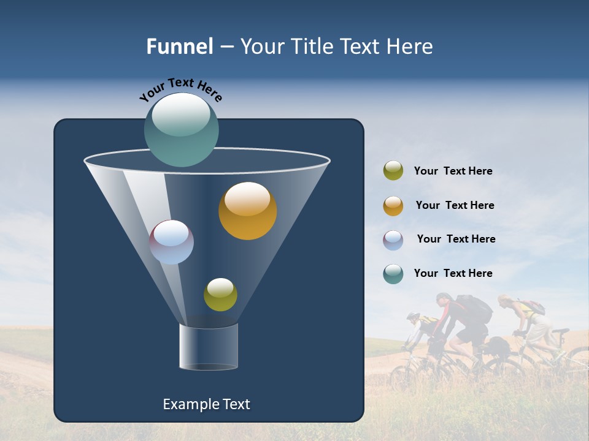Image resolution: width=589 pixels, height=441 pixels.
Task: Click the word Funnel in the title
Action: pyautogui.click(x=179, y=47)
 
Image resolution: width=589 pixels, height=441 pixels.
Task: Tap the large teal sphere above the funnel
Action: pyautogui.click(x=182, y=130)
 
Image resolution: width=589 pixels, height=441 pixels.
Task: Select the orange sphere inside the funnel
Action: pyautogui.click(x=247, y=211)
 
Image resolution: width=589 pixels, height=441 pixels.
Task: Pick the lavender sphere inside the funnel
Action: pyautogui.click(x=172, y=242)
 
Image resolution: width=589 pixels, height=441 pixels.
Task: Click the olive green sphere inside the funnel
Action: pyautogui.click(x=220, y=294)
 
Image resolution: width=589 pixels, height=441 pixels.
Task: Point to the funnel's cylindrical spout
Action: pyautogui.click(x=209, y=347)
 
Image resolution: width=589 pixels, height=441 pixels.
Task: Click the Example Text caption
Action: pyautogui.click(x=207, y=404)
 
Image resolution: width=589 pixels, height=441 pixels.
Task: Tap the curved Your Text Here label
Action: pyautogui.click(x=180, y=89)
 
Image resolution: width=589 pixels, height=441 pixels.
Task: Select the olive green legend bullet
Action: pyautogui.click(x=393, y=171)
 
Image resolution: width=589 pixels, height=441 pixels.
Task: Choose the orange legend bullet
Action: pyautogui.click(x=393, y=206)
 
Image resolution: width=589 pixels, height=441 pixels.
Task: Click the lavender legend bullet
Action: pyautogui.click(x=393, y=240)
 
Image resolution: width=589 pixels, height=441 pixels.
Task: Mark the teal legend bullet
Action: pyautogui.click(x=393, y=274)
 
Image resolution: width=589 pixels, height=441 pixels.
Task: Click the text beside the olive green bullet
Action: pyautogui.click(x=453, y=171)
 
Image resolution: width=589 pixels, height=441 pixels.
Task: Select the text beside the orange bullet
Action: pyautogui.click(x=455, y=205)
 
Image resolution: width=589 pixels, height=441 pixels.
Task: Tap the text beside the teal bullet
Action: pyautogui.click(x=453, y=273)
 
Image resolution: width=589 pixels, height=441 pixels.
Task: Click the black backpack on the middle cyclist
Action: pyautogui.click(x=474, y=309)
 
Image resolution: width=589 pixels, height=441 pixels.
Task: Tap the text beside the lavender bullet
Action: pyautogui.click(x=456, y=239)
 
